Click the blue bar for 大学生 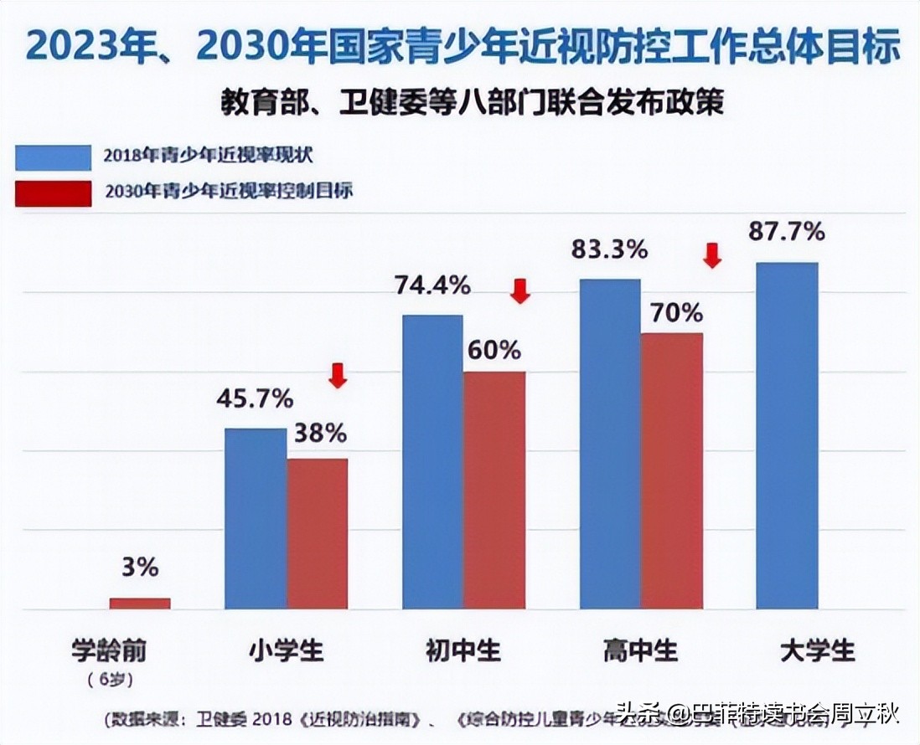(786, 435)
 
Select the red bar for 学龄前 (140, 603)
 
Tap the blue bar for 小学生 (256, 518)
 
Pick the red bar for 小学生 (318, 533)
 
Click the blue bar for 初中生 (432, 461)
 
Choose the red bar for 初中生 (494, 490)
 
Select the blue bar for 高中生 (610, 444)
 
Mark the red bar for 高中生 (672, 470)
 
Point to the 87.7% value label (786, 231)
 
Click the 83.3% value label (610, 249)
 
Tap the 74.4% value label (432, 285)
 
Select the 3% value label (139, 568)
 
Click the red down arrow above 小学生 (337, 375)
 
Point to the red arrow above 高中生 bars (711, 254)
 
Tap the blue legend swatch (53, 157)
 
